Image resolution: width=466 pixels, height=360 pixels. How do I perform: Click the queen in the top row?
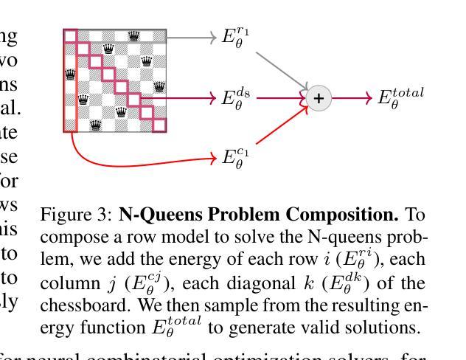tap(133, 35)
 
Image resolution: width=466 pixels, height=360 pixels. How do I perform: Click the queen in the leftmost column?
tap(70, 74)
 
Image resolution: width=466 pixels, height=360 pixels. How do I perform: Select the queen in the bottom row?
tap(96, 125)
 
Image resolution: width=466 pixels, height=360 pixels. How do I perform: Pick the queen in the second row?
tap(108, 49)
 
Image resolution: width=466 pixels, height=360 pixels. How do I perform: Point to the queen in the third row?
tap(146, 61)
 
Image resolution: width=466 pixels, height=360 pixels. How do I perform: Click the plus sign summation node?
tap(319, 98)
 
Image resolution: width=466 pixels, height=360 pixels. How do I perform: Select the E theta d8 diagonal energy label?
tap(237, 97)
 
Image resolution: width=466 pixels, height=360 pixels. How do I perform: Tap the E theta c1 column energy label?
tap(236, 158)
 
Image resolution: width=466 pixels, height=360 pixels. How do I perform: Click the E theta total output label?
tap(401, 97)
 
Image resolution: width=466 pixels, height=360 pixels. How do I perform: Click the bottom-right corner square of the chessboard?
tap(159, 125)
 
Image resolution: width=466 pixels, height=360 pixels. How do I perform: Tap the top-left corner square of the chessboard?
tap(70, 35)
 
